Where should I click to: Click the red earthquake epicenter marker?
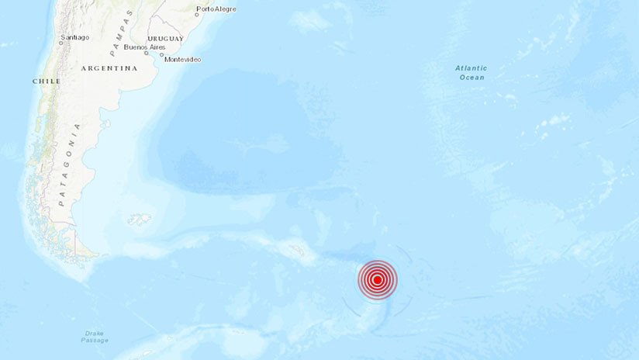coord(377,280)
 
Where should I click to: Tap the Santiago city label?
coord(74,37)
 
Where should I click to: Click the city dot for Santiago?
coord(62,42)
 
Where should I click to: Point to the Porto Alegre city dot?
coord(197,15)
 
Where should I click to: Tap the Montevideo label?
coord(183,60)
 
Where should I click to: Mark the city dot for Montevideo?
coord(162,55)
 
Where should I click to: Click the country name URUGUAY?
coord(165,38)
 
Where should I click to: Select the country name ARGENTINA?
coord(109,68)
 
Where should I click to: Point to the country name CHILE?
coord(47,81)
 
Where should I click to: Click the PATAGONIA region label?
coord(70,164)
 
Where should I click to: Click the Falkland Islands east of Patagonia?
coord(140,220)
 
